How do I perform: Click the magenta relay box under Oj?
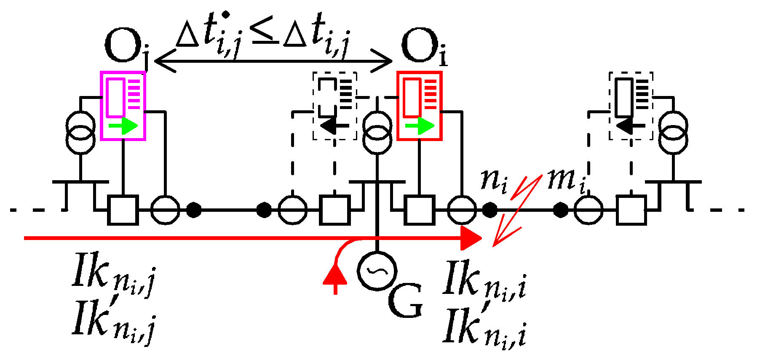tap(123, 105)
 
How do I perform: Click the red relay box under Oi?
tap(420, 105)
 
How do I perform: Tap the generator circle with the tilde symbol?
tap(376, 271)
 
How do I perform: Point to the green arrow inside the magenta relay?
tap(123, 125)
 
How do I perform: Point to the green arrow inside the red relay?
tap(420, 125)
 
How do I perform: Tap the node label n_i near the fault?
tap(495, 180)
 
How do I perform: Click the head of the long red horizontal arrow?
tap(471, 238)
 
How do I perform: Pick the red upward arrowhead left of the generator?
tap(335, 276)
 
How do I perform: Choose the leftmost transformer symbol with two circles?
tap(80, 132)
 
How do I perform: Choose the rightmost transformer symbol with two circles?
tap(673, 132)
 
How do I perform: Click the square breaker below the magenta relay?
tap(123, 210)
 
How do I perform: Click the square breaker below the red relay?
tap(420, 210)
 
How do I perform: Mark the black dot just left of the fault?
tap(489, 210)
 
